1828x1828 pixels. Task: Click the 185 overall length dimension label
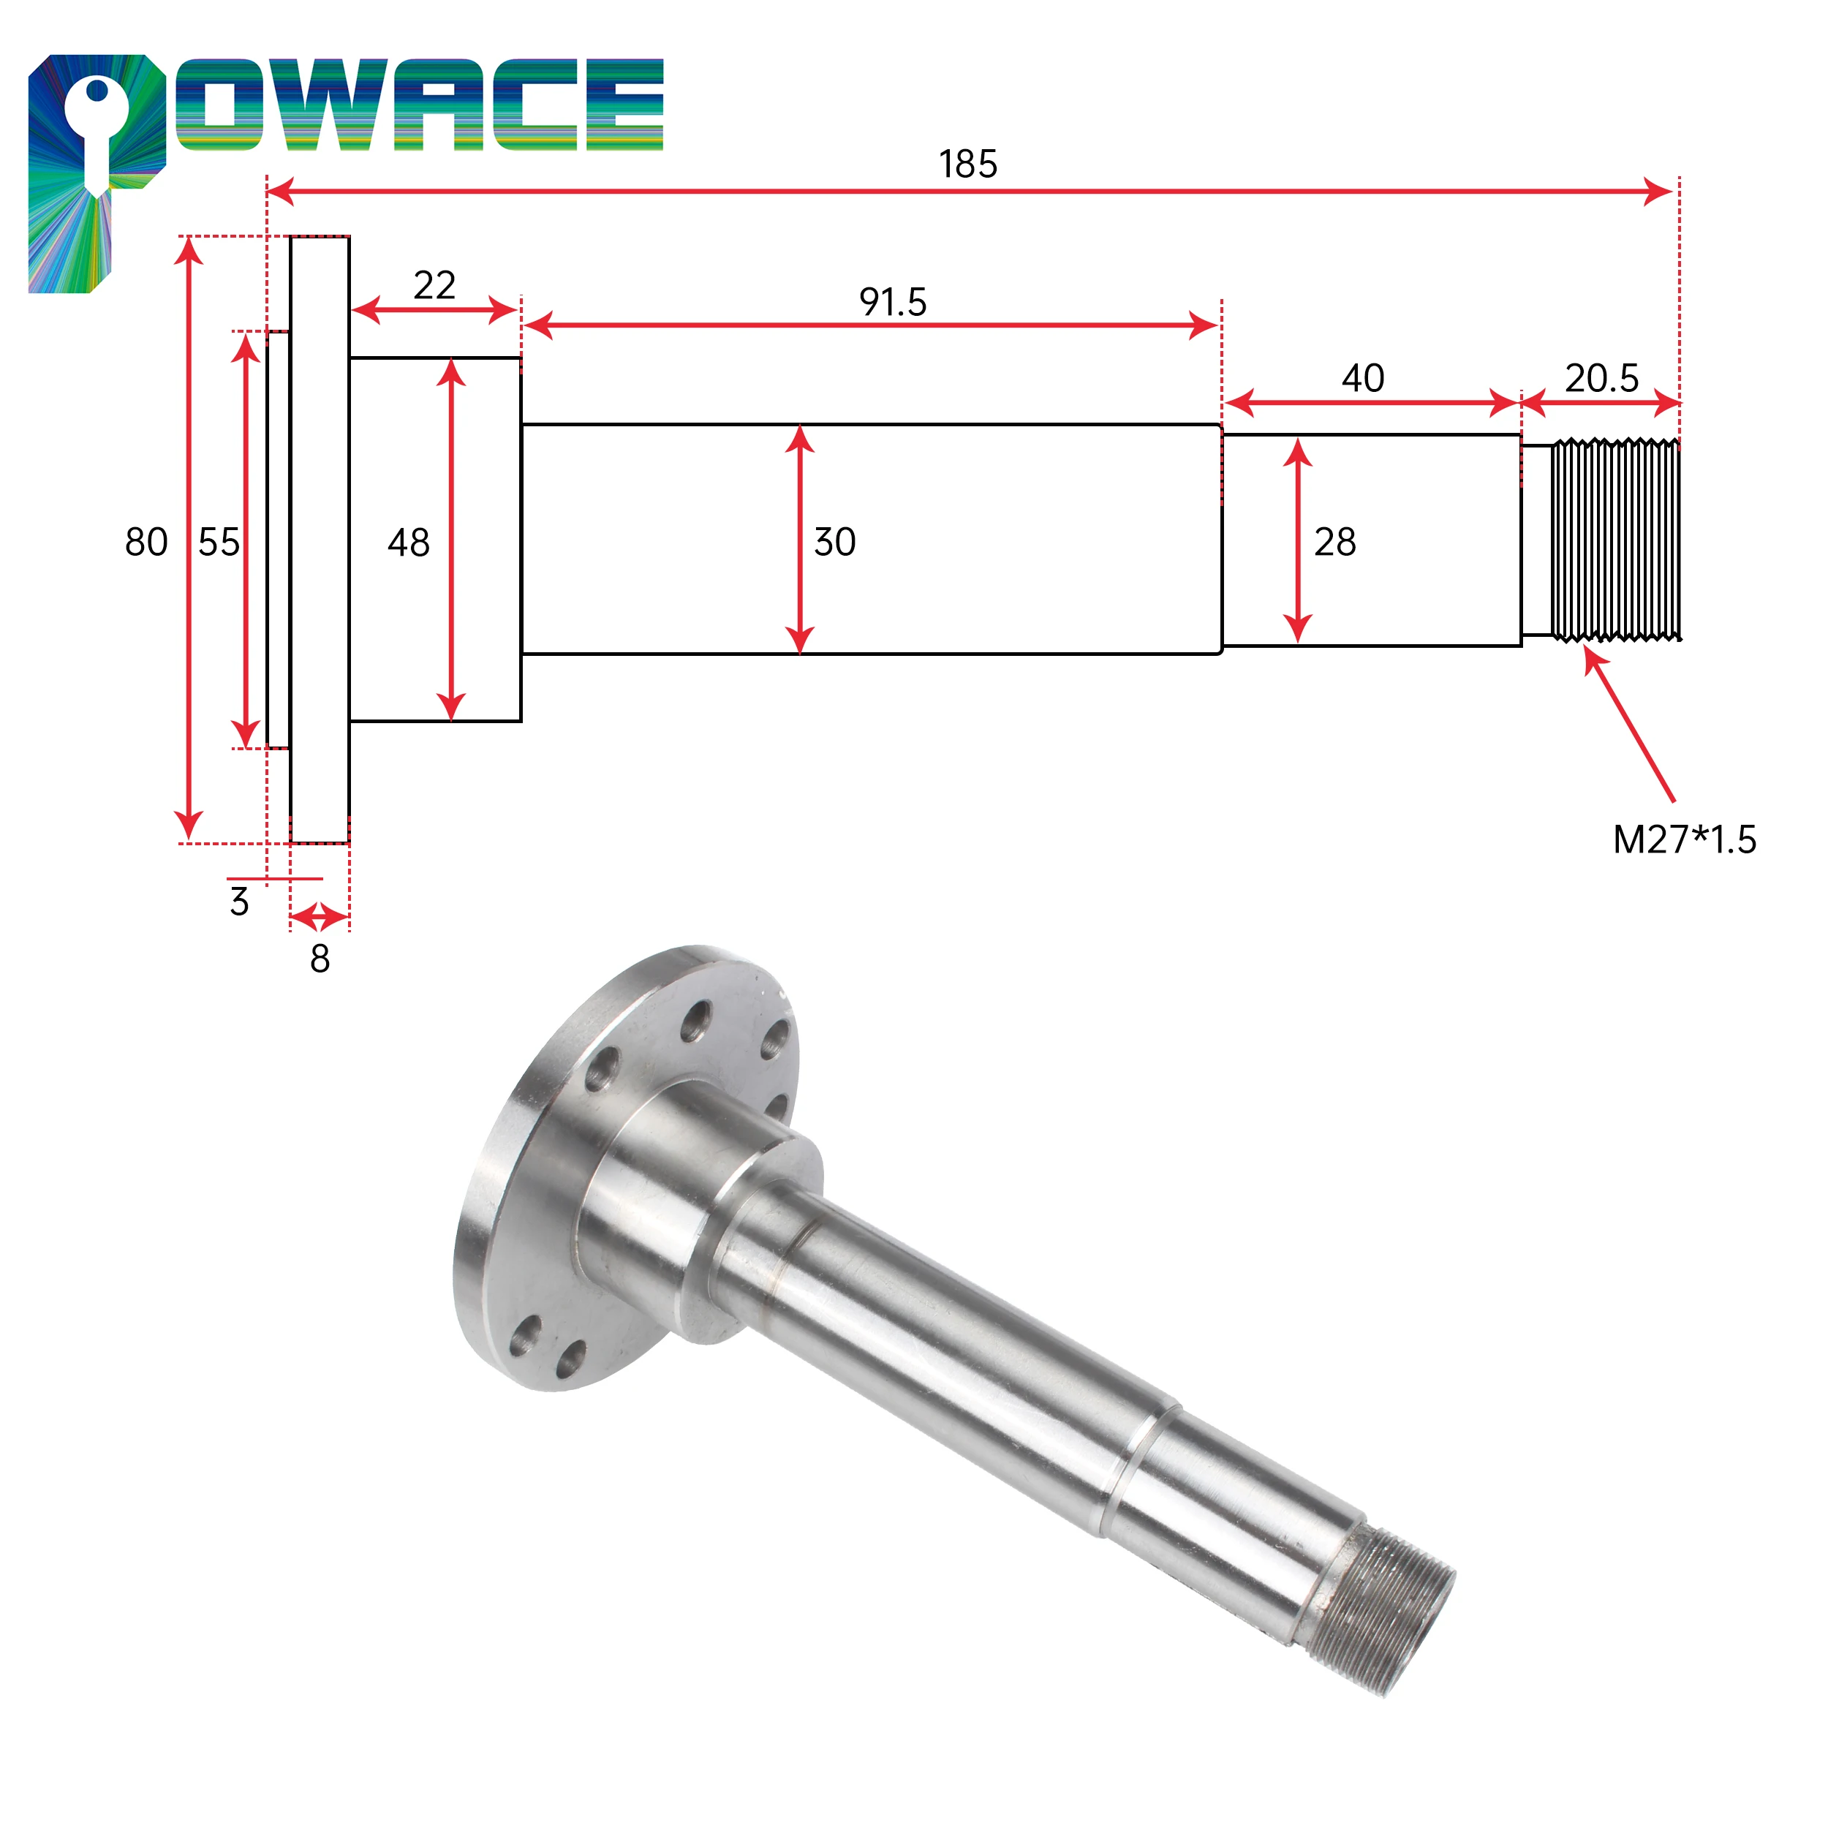point(968,165)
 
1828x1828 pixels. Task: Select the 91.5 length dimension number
point(892,303)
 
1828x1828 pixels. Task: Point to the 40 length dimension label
point(1362,379)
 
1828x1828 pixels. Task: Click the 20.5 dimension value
point(1601,379)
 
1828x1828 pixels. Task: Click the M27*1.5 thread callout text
point(1684,840)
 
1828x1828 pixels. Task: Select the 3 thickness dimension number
point(239,902)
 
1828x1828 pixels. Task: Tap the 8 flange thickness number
point(320,959)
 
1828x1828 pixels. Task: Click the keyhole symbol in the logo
point(97,132)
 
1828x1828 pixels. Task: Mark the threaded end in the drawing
point(1616,540)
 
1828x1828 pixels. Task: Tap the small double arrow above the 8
point(319,917)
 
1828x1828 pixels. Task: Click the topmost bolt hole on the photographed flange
point(698,1023)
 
